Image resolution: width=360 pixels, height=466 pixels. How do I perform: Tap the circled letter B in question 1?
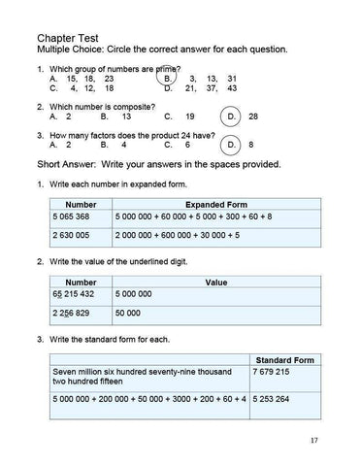[x=168, y=78]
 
